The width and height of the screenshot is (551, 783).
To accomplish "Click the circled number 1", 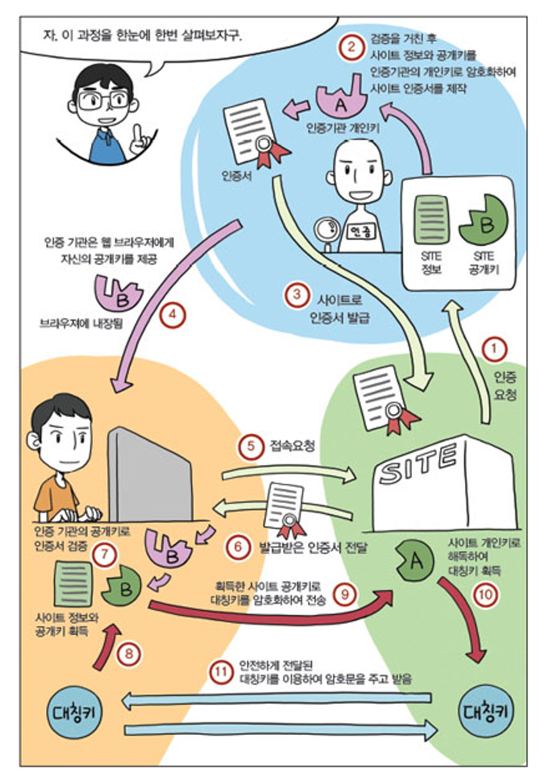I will pos(494,350).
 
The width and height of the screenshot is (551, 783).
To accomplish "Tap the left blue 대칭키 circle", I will pos(76,713).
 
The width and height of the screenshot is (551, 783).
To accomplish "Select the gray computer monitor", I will pos(151,474).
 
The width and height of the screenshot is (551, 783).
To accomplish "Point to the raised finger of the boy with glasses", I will pos(138,133).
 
